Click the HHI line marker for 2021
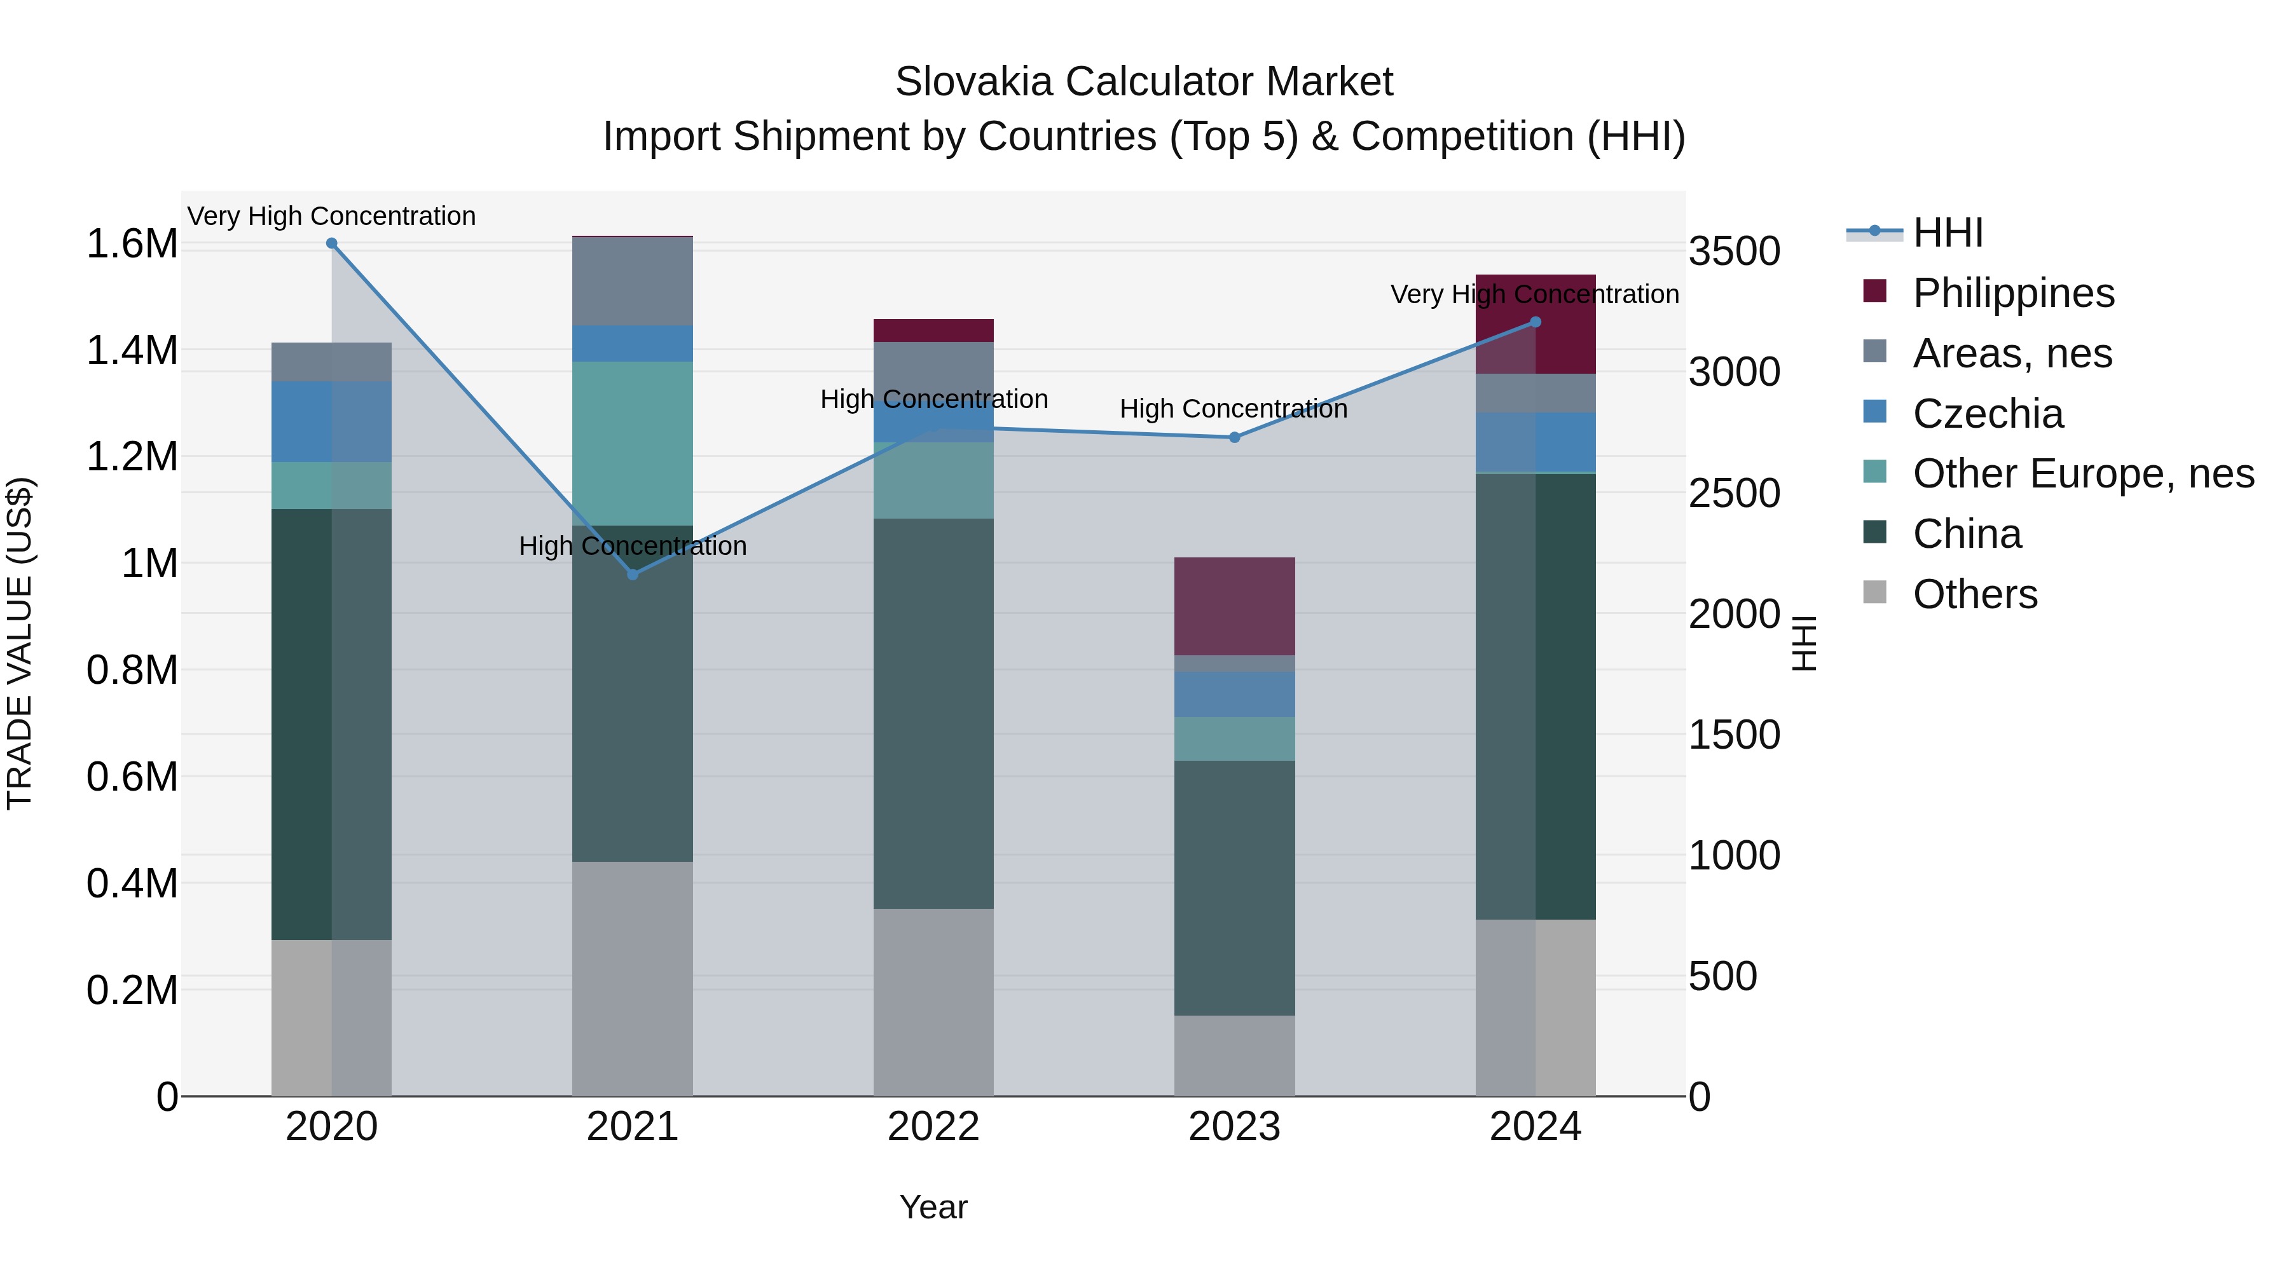(x=633, y=575)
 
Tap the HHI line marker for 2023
(x=1234, y=437)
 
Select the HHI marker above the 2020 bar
(x=331, y=243)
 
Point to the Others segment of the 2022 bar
(x=933, y=1001)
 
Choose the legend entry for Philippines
(x=2012, y=293)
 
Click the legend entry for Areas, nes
(x=2012, y=353)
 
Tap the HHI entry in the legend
(x=1947, y=233)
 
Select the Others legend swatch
(x=1874, y=592)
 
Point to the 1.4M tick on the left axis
(x=132, y=351)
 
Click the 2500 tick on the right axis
(x=1735, y=494)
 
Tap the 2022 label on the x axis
(x=933, y=1127)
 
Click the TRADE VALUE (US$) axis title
(x=20, y=643)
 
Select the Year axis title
(x=933, y=1207)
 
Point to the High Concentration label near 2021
(x=633, y=545)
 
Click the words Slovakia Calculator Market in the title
(x=1144, y=82)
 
